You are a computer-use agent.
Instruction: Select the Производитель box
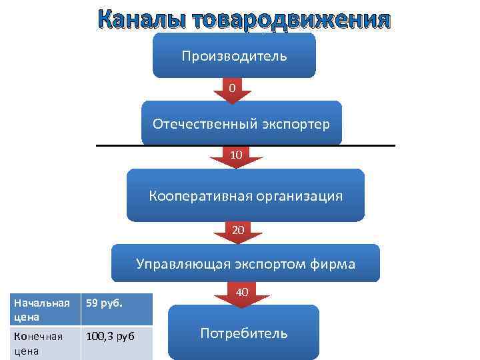234,55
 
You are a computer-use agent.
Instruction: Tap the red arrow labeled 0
232,90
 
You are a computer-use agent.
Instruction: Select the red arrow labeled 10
236,157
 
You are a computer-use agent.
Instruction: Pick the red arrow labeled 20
238,231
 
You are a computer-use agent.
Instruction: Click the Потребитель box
243,333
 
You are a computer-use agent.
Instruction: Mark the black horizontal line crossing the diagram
113,145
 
